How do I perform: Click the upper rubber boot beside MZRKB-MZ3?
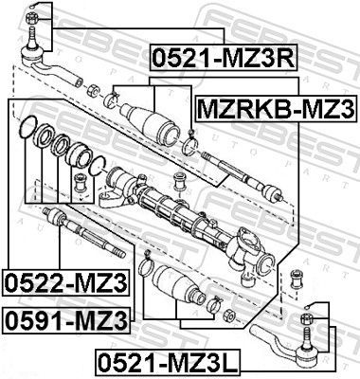pyautogui.click(x=152, y=124)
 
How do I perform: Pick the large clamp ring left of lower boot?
pyautogui.click(x=144, y=267)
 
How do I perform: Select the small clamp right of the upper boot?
pyautogui.click(x=189, y=146)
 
